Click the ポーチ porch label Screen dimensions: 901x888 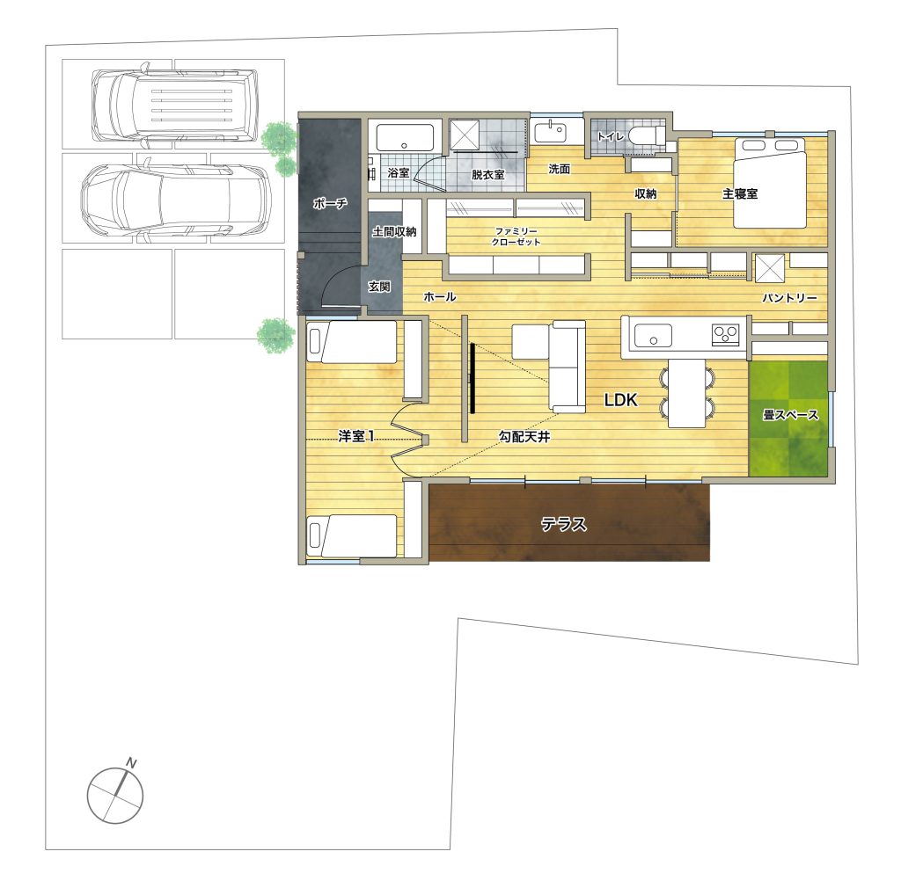pyautogui.click(x=330, y=203)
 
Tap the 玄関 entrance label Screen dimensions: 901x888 pyautogui.click(x=379, y=286)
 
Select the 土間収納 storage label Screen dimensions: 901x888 pyautogui.click(x=394, y=232)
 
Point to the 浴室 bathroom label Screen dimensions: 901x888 pyautogui.click(x=399, y=172)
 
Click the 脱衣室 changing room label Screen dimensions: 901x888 pyautogui.click(x=487, y=174)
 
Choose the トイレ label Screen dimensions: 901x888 pyautogui.click(x=611, y=136)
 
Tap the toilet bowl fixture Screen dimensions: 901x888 pyautogui.click(x=647, y=136)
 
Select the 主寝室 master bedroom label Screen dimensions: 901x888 pyautogui.click(x=740, y=194)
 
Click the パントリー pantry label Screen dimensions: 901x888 pyautogui.click(x=789, y=298)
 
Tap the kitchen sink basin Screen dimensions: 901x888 pyautogui.click(x=653, y=335)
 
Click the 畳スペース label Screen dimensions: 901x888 pyautogui.click(x=790, y=414)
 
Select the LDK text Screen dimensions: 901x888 pyautogui.click(x=621, y=400)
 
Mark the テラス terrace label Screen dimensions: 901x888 pyautogui.click(x=564, y=524)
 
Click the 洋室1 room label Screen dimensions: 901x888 pyautogui.click(x=356, y=437)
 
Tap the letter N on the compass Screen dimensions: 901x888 pyautogui.click(x=132, y=763)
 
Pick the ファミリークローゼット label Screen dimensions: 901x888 pyautogui.click(x=516, y=237)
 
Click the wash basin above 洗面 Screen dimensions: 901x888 pyautogui.click(x=550, y=132)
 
